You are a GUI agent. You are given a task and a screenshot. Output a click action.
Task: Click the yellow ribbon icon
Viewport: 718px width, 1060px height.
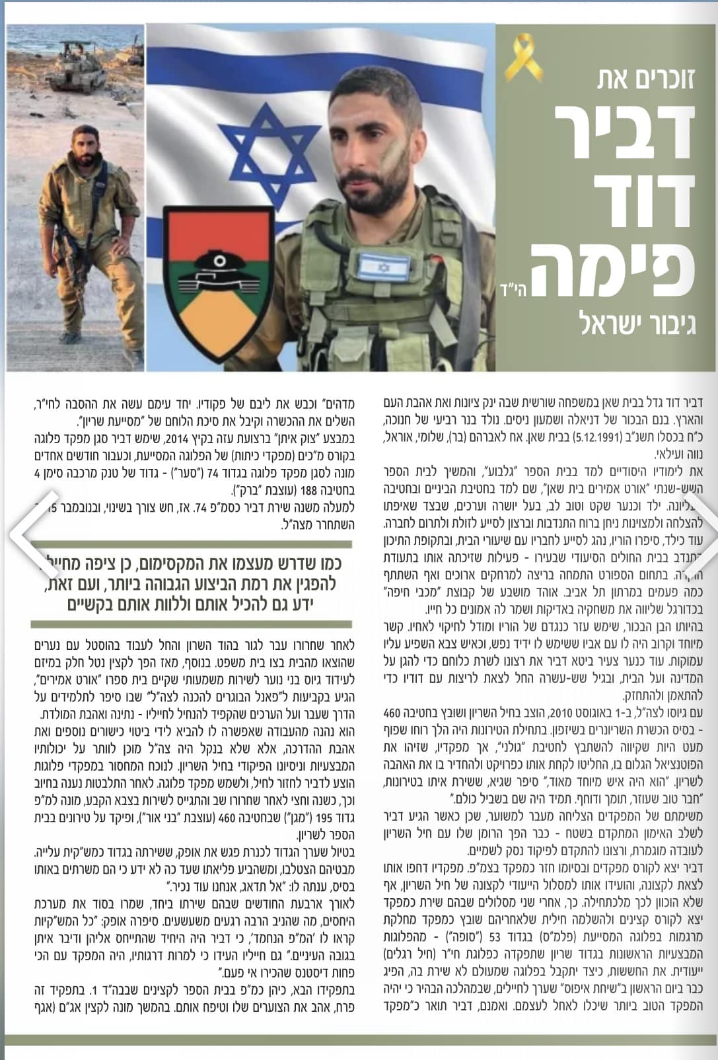(521, 58)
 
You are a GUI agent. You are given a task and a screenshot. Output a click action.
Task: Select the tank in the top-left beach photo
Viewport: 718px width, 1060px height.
(83, 66)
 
